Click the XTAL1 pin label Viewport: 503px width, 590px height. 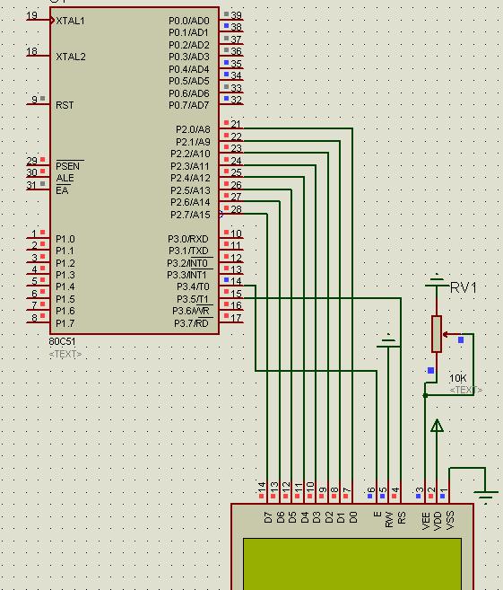(x=70, y=21)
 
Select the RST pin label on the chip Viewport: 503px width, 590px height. (x=65, y=105)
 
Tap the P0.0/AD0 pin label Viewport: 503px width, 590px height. (x=188, y=21)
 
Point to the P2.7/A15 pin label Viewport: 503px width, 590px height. (x=190, y=215)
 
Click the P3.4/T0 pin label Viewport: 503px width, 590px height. (x=193, y=286)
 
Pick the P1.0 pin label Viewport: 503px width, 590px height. (x=65, y=239)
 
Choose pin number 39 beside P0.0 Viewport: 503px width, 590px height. (x=236, y=15)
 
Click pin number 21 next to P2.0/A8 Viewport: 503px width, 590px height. (x=236, y=124)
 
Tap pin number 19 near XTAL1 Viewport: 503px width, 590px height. (x=32, y=15)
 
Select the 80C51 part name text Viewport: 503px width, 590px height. (x=62, y=341)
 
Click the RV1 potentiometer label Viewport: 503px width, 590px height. (x=464, y=288)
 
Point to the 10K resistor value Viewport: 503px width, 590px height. (x=457, y=378)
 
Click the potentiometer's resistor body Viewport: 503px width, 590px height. (x=437, y=334)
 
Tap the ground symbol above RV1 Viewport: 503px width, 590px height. (x=437, y=280)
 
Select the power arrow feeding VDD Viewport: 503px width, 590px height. (x=437, y=426)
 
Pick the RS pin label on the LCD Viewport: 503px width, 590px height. (x=402, y=518)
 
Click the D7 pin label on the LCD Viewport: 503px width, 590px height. (x=268, y=517)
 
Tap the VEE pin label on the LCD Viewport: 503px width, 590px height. (x=426, y=521)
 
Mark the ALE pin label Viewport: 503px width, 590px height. (x=65, y=178)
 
